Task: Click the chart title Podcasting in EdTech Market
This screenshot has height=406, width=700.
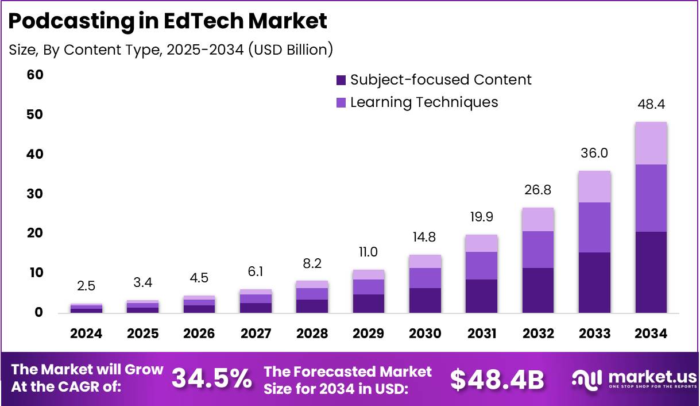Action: click(x=168, y=21)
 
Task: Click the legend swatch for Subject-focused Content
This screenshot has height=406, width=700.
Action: click(x=341, y=80)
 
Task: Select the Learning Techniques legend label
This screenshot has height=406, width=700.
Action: click(x=424, y=102)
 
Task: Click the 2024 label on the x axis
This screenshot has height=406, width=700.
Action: click(x=86, y=334)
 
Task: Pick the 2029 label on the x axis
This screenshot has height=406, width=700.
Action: click(x=368, y=334)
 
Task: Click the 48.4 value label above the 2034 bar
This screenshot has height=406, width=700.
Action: click(x=651, y=105)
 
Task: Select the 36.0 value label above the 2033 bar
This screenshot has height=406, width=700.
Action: click(x=594, y=154)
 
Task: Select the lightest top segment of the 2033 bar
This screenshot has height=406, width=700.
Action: click(x=594, y=186)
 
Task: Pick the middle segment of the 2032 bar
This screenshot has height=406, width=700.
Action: click(x=538, y=249)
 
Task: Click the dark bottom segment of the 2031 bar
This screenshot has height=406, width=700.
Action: click(x=481, y=296)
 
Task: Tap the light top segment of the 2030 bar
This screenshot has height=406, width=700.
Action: click(x=425, y=261)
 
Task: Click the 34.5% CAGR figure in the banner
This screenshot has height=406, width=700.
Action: click(x=212, y=379)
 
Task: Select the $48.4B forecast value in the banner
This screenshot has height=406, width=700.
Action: click(x=497, y=379)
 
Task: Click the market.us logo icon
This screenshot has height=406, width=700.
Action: click(x=587, y=378)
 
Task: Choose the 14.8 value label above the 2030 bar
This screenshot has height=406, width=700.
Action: click(x=425, y=237)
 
